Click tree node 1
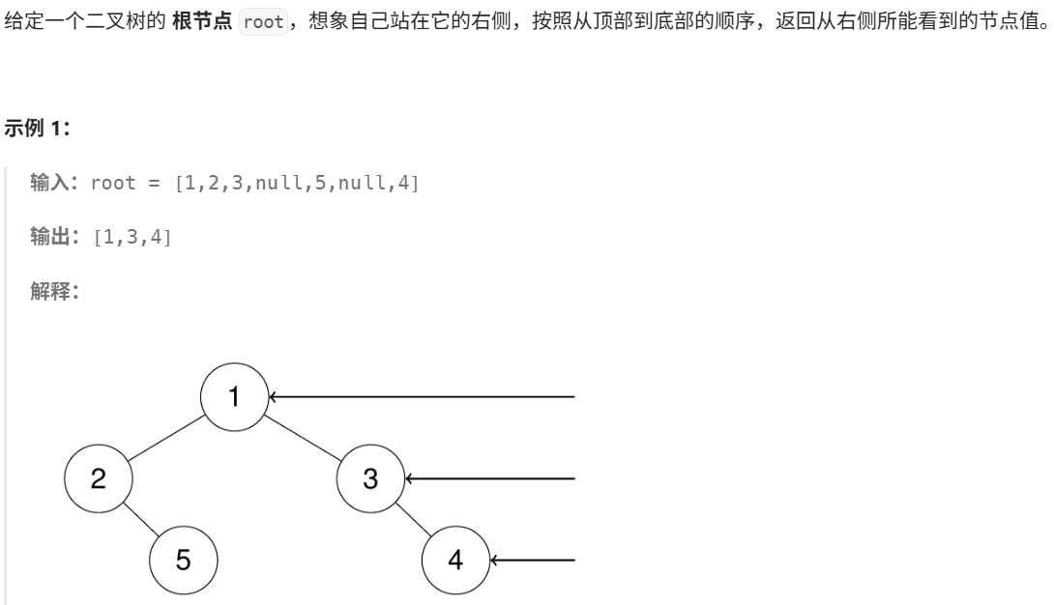[234, 395]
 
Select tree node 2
[98, 478]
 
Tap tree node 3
[370, 478]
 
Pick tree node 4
[455, 560]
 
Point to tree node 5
[183, 560]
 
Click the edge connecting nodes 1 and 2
[165, 437]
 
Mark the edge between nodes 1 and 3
[303, 437]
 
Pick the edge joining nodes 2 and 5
[140, 519]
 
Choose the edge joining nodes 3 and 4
[413, 519]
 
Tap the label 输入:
[56, 183]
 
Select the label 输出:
[56, 237]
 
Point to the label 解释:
[56, 291]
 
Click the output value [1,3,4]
[132, 237]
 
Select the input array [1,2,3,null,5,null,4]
[297, 183]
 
